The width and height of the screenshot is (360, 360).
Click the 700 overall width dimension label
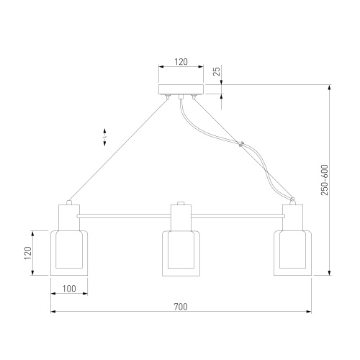click(181, 307)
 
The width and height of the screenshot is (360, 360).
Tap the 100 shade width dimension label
click(69, 289)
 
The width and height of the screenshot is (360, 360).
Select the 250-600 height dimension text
click(324, 180)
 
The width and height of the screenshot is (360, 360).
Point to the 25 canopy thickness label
click(217, 71)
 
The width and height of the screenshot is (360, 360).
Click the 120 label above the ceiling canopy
click(181, 62)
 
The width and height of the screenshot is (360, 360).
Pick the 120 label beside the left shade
click(28, 253)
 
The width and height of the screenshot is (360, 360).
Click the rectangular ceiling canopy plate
click(181, 89)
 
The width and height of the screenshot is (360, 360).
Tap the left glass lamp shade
click(69, 253)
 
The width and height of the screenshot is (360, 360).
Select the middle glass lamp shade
click(181, 253)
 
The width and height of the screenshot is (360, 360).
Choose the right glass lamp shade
click(293, 253)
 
